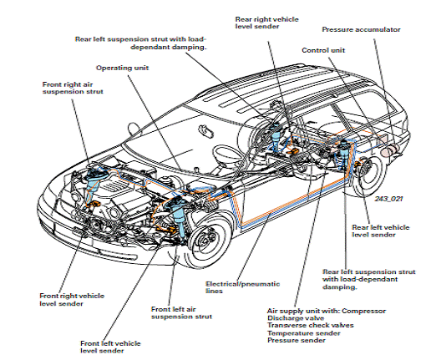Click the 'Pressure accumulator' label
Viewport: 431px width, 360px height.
[361, 29]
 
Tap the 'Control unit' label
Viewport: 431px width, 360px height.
[323, 50]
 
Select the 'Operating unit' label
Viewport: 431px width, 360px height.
[122, 68]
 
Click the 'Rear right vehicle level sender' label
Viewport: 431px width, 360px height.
[266, 23]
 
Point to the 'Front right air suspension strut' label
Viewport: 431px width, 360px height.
[73, 88]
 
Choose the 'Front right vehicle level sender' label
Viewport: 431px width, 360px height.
[72, 300]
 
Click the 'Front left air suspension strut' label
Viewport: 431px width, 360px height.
[181, 313]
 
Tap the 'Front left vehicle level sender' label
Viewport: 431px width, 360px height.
[110, 347]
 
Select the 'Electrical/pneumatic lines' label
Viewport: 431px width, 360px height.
[242, 287]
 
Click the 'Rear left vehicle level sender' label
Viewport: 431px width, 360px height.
[381, 231]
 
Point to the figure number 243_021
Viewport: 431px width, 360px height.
[388, 199]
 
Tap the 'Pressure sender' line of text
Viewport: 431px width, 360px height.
[297, 340]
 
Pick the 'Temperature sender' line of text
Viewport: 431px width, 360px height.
[304, 333]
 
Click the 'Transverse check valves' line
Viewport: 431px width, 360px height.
[311, 326]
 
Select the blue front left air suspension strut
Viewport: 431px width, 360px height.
[178, 215]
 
